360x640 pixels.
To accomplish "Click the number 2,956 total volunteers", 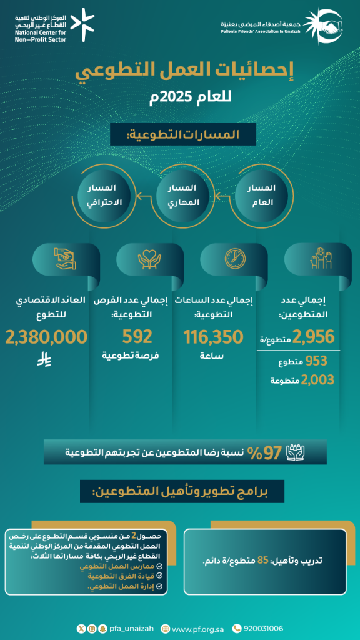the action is click(314, 337).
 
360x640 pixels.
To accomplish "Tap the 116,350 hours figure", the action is click(213, 337).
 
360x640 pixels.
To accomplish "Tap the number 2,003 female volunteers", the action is click(317, 379).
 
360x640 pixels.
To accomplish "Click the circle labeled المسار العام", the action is click(260, 194).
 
